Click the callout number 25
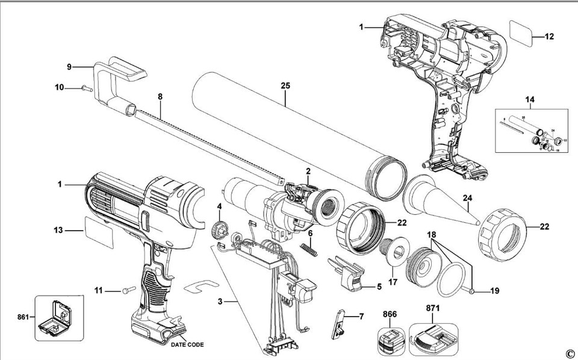pyautogui.click(x=285, y=86)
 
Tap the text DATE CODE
pyautogui.click(x=187, y=345)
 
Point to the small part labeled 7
pyautogui.click(x=340, y=323)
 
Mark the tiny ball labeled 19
pyautogui.click(x=473, y=293)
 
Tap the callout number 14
pyautogui.click(x=530, y=98)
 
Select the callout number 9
pyautogui.click(x=69, y=66)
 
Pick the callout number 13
pyautogui.click(x=58, y=229)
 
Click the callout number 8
pyautogui.click(x=160, y=96)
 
